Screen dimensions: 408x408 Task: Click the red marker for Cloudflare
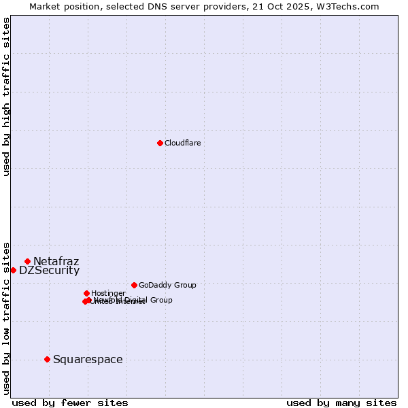tap(160, 143)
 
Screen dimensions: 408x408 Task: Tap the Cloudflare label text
tap(182, 143)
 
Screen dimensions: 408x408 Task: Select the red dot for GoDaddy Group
tap(134, 285)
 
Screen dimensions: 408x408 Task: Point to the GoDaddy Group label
tap(167, 285)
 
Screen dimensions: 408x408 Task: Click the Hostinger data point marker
tap(86, 293)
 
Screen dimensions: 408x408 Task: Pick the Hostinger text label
tap(108, 293)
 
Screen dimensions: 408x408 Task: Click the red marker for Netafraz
tap(27, 261)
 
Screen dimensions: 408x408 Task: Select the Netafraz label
tap(56, 261)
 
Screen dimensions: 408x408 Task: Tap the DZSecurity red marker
tap(13, 270)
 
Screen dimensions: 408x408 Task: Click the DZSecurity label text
tap(49, 270)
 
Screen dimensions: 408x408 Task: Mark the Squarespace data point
tap(47, 359)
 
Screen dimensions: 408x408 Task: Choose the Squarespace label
tap(88, 359)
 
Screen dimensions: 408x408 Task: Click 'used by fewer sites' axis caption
tap(70, 403)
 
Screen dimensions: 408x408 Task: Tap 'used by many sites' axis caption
tap(341, 403)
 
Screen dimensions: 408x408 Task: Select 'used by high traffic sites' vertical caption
tap(6, 97)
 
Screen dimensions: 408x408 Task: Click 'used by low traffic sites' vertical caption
tap(6, 318)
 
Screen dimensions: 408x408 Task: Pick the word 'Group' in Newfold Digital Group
tap(161, 300)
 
